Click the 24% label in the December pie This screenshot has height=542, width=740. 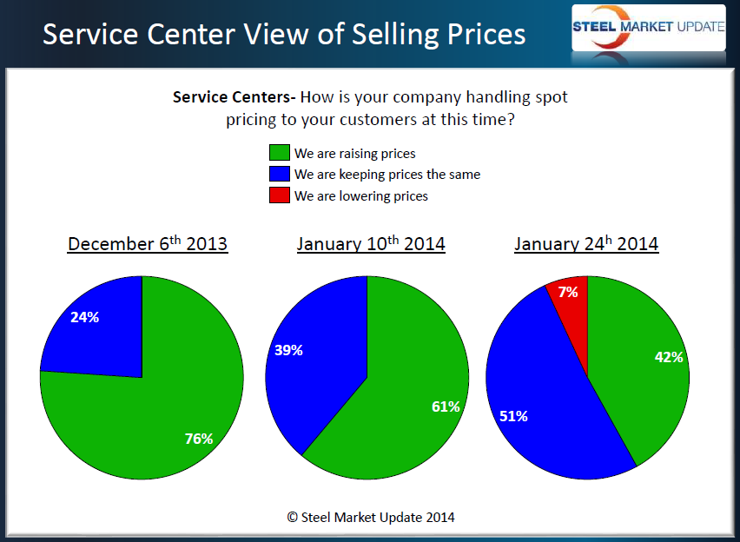click(x=85, y=317)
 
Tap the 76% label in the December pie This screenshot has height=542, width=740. click(x=199, y=439)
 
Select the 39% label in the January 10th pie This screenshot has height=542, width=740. click(x=288, y=350)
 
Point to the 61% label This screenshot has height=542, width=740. click(x=446, y=406)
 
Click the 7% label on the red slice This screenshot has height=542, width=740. click(x=568, y=292)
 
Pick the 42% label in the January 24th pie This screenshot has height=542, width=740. click(x=668, y=356)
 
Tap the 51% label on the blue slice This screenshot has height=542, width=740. click(x=513, y=416)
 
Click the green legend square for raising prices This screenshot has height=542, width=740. click(x=279, y=154)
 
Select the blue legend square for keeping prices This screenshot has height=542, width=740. click(x=279, y=175)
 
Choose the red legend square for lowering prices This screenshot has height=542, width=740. click(x=279, y=196)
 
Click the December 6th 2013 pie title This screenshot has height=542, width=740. click(x=148, y=243)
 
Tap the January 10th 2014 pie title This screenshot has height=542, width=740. click(x=371, y=243)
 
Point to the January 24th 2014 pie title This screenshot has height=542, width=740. click(x=586, y=243)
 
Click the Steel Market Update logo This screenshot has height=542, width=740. click(x=648, y=26)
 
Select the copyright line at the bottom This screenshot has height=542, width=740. click(x=371, y=517)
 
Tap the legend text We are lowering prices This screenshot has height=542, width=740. click(x=361, y=196)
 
